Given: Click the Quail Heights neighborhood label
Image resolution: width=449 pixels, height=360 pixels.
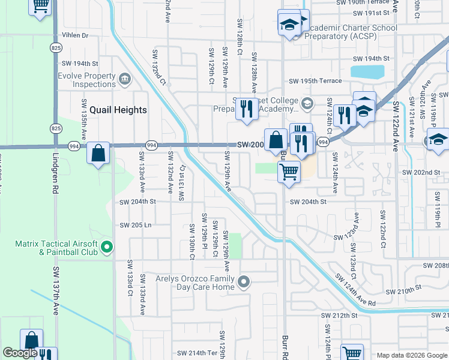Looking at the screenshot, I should click(x=118, y=110).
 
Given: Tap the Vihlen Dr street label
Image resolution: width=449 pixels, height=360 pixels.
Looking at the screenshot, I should click(x=74, y=36).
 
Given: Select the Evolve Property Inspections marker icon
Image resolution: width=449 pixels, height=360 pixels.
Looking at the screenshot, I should click(x=125, y=79).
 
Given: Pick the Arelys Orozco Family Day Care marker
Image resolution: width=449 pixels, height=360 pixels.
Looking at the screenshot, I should click(x=244, y=281).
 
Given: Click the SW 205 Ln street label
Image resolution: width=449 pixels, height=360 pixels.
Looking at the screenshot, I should click(x=136, y=226).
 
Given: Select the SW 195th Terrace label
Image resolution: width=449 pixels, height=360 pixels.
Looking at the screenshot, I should click(x=315, y=81).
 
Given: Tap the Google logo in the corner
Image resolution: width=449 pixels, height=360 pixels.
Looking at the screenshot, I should click(x=20, y=353).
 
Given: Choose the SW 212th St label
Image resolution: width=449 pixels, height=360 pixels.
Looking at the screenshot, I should click(x=339, y=316).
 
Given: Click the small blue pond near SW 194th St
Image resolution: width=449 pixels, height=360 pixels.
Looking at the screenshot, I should click(x=367, y=72).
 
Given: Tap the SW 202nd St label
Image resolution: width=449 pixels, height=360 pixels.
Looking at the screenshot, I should click(x=421, y=172).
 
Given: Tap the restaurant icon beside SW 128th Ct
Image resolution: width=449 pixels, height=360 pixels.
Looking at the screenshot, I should click(x=247, y=109).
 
